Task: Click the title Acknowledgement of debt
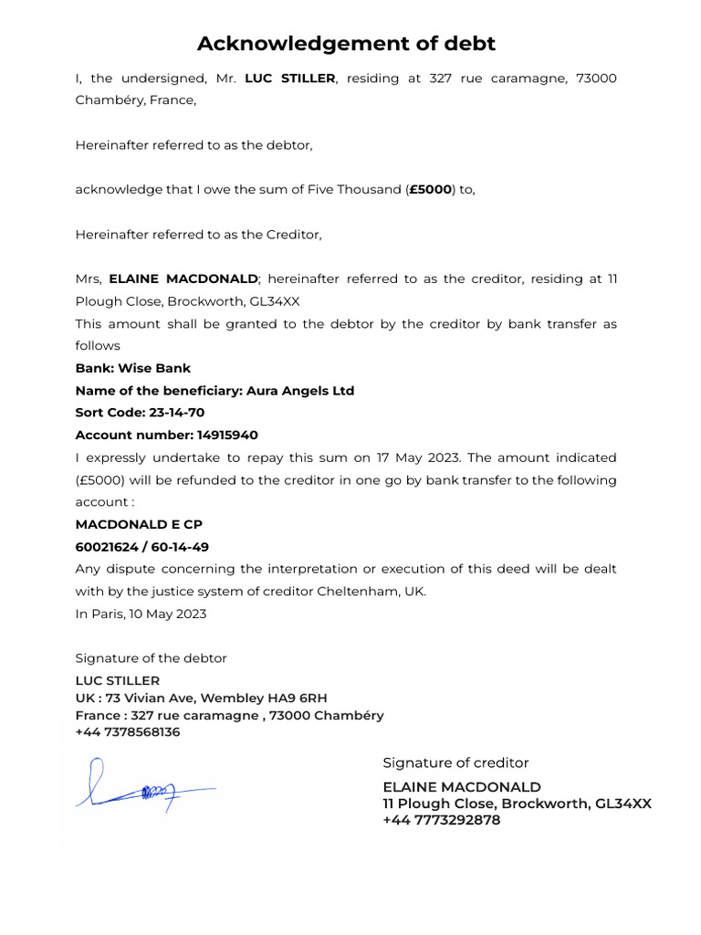click(x=347, y=43)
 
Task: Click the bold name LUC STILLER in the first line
click(x=290, y=79)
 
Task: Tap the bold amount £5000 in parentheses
click(x=431, y=190)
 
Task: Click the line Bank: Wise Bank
click(x=133, y=368)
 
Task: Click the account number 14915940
click(x=227, y=436)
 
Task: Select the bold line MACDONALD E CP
click(x=139, y=524)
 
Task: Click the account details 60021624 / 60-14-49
click(x=142, y=547)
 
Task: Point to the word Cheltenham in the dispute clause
click(x=350, y=592)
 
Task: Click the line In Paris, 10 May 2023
click(x=141, y=614)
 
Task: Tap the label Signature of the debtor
click(x=151, y=658)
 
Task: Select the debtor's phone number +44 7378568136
click(x=128, y=732)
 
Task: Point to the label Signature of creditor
click(x=455, y=763)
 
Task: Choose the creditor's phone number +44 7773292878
click(x=442, y=820)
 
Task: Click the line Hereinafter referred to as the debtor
click(x=194, y=145)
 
